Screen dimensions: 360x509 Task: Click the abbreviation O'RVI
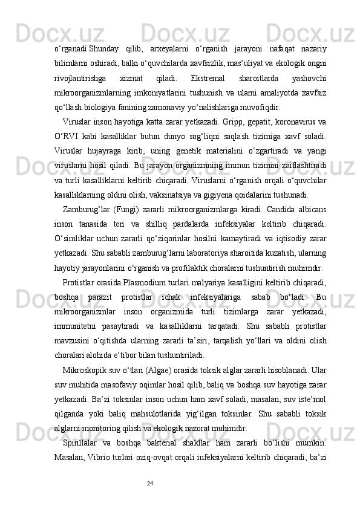[x=67, y=132]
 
